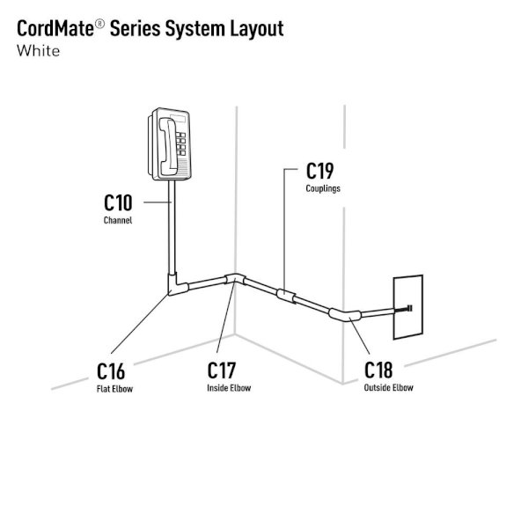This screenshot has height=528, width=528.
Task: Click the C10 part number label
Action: [118, 203]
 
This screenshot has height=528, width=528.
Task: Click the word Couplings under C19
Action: [324, 188]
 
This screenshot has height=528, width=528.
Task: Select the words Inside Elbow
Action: [229, 387]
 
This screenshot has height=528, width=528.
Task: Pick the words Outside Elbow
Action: [388, 387]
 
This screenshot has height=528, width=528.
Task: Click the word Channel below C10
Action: [118, 220]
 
